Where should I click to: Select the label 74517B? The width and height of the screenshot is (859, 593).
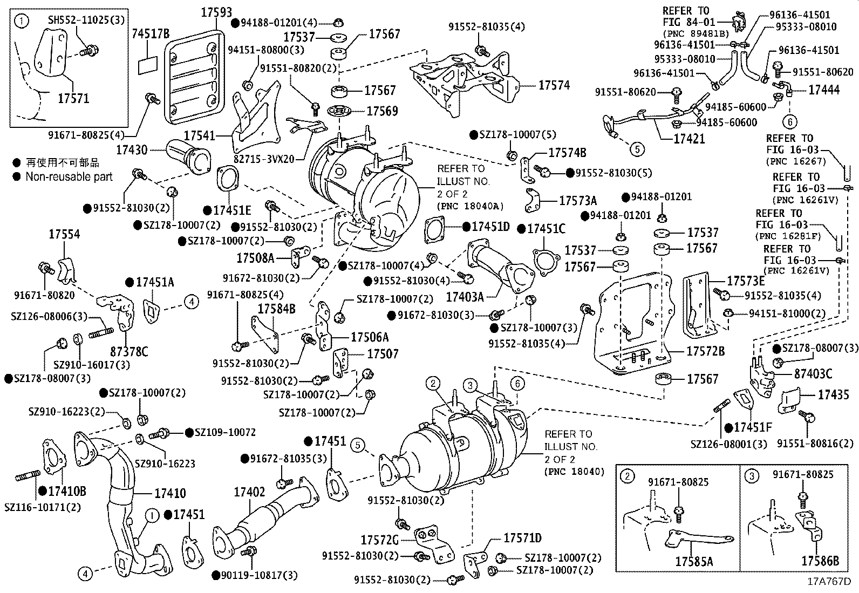(x=151, y=33)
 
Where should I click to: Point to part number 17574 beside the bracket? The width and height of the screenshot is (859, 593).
(x=554, y=85)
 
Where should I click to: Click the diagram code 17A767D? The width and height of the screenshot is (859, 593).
(x=829, y=582)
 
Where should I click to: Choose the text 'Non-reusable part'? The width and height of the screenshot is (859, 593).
(x=69, y=176)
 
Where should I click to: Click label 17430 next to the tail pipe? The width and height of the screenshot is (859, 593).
(x=131, y=149)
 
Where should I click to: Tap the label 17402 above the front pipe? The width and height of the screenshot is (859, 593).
(x=249, y=492)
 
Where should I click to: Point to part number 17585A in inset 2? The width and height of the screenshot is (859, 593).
(x=694, y=562)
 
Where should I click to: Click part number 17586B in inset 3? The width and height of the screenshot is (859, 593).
(x=820, y=562)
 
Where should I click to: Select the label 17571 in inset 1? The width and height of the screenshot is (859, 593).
(x=73, y=98)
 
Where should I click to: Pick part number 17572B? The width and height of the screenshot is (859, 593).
(x=705, y=351)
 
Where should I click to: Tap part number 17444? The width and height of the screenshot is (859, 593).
(x=823, y=90)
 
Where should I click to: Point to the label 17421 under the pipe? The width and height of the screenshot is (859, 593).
(x=689, y=139)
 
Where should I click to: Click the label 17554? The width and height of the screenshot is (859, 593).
(x=64, y=234)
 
